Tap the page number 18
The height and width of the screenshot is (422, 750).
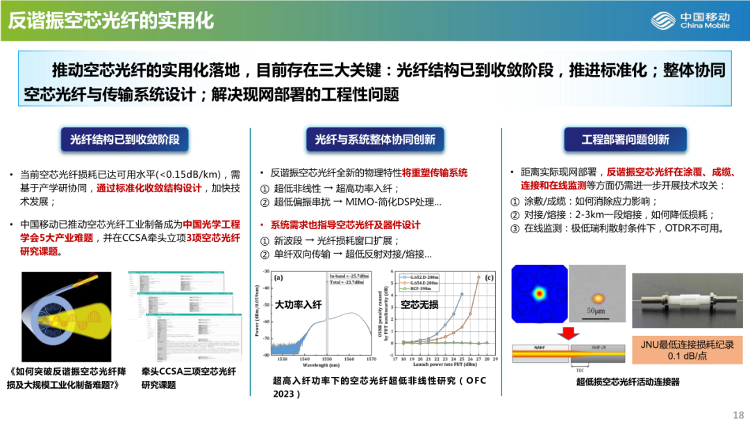737,414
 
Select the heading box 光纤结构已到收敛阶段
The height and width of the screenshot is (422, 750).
125,140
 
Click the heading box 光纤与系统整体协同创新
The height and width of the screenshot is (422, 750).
375,140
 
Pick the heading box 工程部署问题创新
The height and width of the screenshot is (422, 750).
625,140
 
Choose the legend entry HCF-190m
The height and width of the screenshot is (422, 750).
424,289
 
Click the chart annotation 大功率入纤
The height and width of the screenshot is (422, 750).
299,304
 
